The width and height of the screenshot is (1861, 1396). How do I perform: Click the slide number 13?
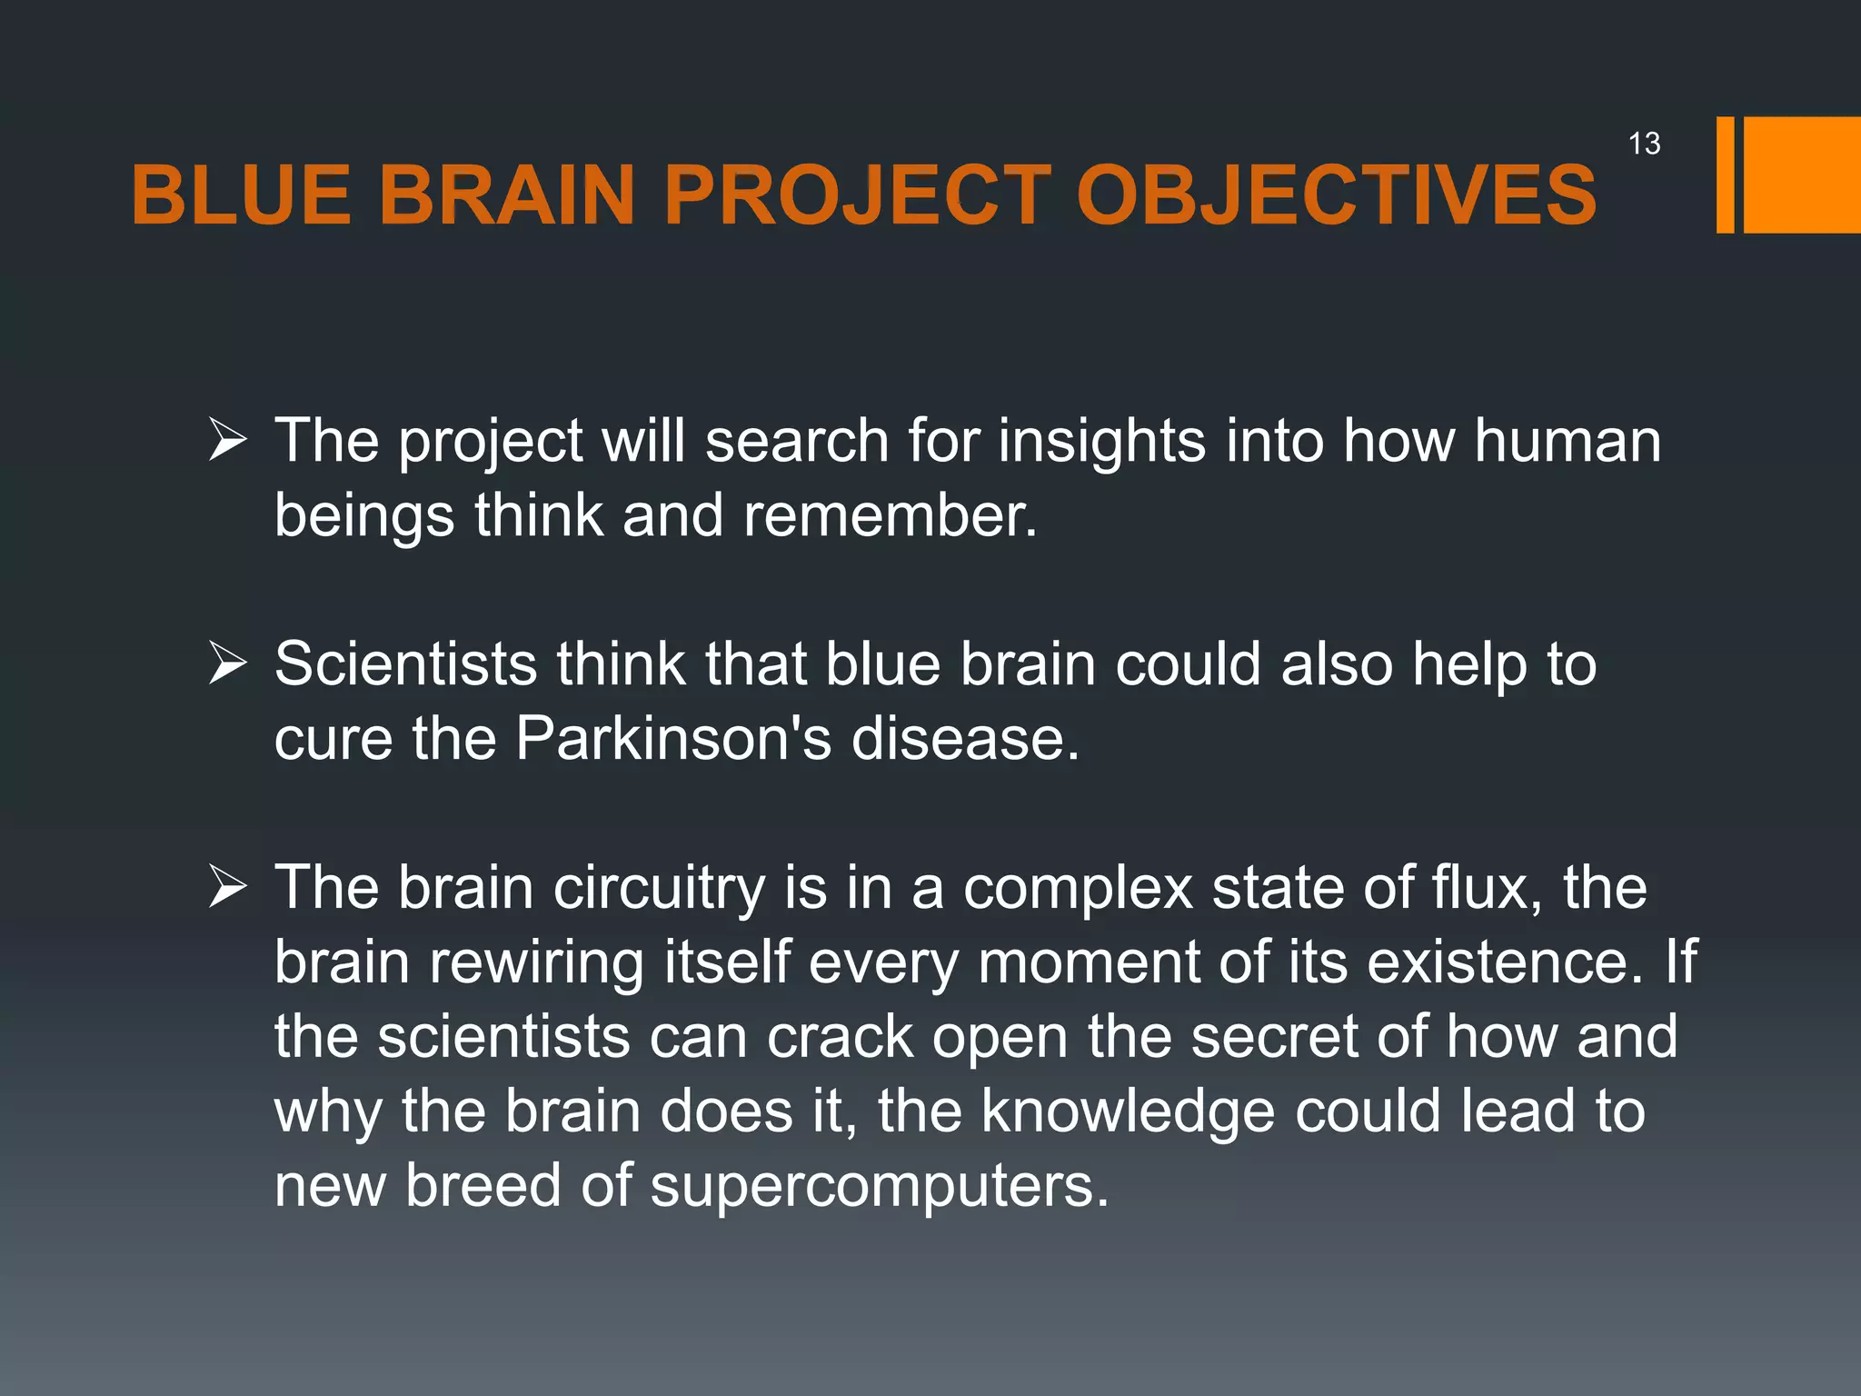(x=1644, y=144)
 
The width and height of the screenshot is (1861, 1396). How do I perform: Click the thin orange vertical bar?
(x=1725, y=174)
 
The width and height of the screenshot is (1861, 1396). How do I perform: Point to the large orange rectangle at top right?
(x=1802, y=174)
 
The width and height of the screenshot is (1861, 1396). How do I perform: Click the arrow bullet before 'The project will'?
(x=227, y=440)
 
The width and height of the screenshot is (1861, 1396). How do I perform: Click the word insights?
(x=1102, y=442)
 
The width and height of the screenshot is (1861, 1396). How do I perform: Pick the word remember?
(x=890, y=516)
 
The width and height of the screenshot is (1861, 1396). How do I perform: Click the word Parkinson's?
(x=673, y=738)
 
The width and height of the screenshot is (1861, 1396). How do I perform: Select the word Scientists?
(x=405, y=663)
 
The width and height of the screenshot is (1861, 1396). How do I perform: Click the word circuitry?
(x=660, y=889)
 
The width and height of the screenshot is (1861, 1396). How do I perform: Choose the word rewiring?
(x=536, y=963)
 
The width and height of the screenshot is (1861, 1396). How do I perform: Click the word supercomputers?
(x=880, y=1187)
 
